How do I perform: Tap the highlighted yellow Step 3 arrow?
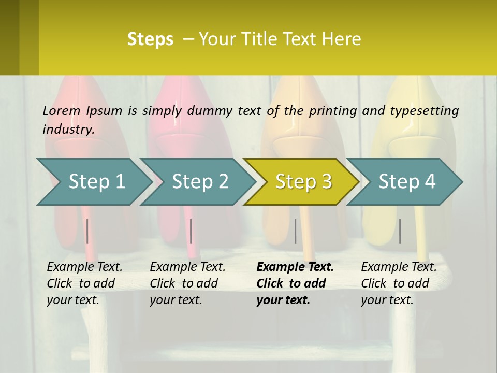point(303,182)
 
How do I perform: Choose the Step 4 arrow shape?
point(407,182)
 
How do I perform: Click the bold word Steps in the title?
point(150,39)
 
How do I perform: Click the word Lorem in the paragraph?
point(62,110)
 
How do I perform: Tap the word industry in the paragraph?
point(68,130)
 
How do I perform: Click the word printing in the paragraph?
point(333,110)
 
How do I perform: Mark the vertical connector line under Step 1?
point(87,231)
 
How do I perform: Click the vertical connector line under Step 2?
point(191,231)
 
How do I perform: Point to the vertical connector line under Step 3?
point(295,231)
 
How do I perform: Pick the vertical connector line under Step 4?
point(400,231)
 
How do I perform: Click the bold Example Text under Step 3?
point(295,267)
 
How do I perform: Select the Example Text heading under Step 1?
point(84,267)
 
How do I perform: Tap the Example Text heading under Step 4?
point(399,267)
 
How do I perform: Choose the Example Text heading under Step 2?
point(187,267)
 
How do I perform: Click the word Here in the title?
point(342,39)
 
